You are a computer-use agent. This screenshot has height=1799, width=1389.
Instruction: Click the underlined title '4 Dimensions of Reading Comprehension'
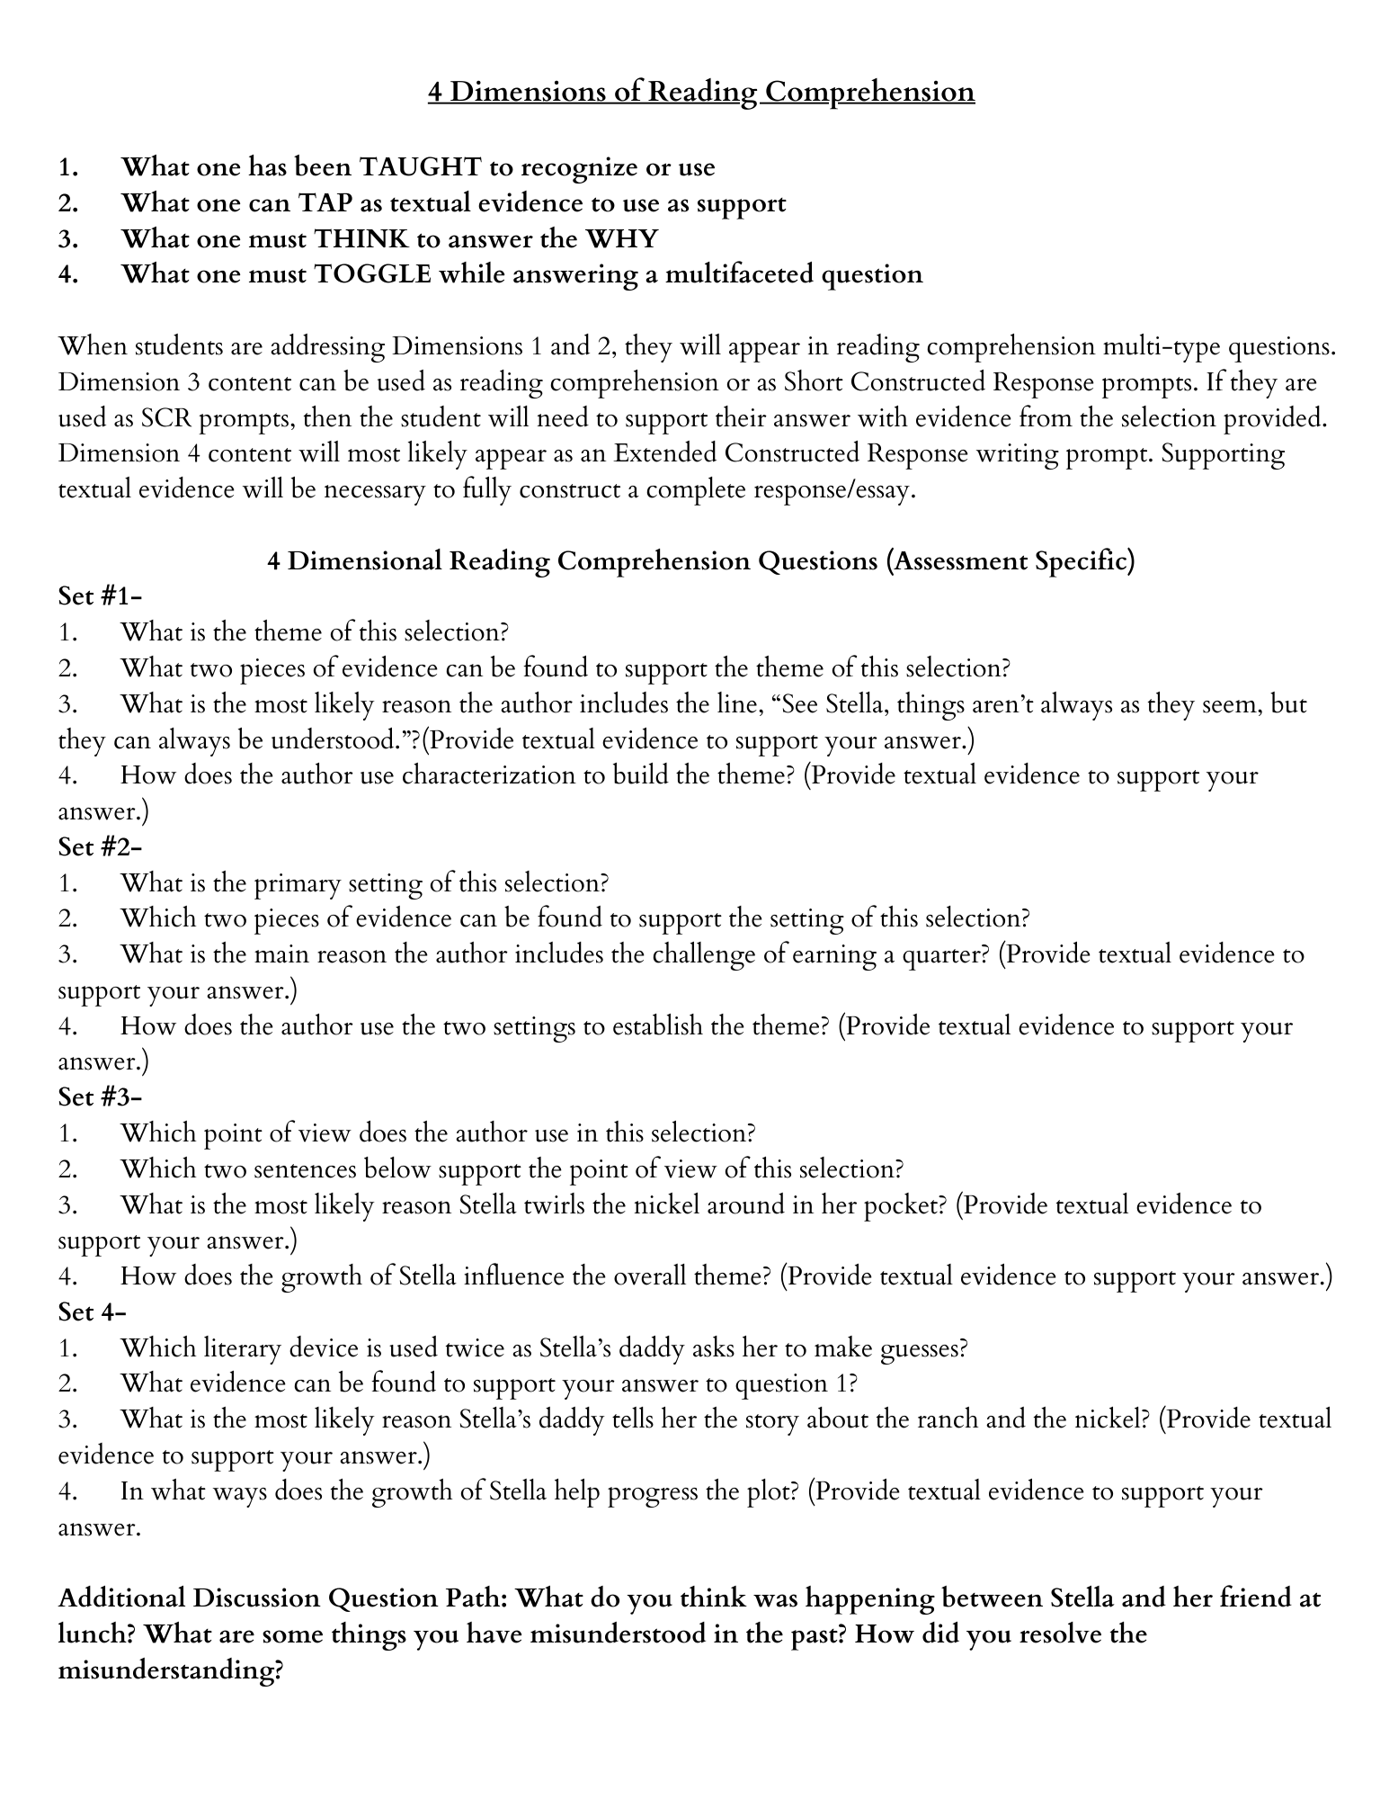point(700,92)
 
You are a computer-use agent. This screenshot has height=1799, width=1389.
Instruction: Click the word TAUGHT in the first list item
point(419,167)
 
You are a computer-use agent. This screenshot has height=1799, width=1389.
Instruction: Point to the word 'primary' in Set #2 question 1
point(295,883)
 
